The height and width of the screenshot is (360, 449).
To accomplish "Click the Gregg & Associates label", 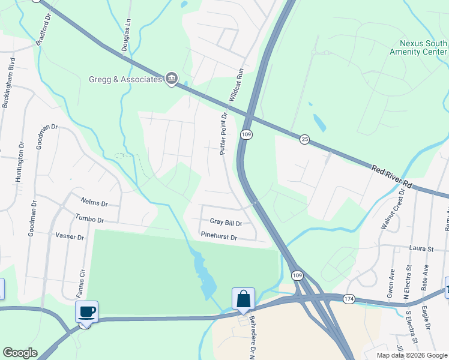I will (x=126, y=79).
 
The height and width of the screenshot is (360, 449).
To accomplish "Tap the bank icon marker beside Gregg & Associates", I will (x=172, y=79).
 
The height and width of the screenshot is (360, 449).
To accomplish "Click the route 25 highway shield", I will (x=305, y=139).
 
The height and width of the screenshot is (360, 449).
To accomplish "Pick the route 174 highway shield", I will (x=349, y=298).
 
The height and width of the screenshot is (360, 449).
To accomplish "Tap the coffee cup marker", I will (x=87, y=311).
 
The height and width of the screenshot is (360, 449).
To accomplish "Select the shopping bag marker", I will (x=243, y=298).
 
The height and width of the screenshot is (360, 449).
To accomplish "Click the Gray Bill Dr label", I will (x=225, y=223).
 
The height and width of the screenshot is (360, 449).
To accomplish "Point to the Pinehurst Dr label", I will (x=220, y=238).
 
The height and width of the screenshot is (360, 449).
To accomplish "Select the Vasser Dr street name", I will (x=70, y=236).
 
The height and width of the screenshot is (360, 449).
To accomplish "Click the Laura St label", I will (x=421, y=248).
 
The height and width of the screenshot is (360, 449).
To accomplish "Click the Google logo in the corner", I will (x=20, y=353).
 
